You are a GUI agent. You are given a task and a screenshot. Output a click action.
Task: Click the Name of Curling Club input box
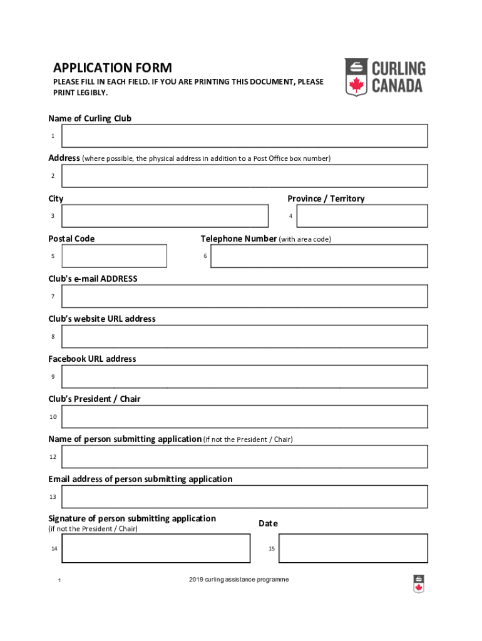244,136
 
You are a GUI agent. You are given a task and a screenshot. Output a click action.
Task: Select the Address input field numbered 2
244,176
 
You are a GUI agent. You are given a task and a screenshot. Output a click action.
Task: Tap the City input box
165,216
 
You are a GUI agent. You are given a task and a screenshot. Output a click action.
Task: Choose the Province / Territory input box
362,216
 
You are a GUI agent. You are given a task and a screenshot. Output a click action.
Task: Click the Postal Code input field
115,256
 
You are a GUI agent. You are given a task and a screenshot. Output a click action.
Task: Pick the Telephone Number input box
319,256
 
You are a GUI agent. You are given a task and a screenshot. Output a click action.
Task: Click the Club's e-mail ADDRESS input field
244,296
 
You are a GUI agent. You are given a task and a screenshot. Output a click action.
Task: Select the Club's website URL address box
244,336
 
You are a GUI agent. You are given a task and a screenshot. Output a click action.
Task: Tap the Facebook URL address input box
244,376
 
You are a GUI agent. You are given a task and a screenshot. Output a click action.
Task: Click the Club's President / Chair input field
244,416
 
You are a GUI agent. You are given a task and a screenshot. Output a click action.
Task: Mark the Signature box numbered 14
156,548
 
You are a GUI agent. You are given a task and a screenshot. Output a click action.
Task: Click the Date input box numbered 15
353,548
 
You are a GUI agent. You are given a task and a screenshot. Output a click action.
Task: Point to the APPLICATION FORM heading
113,68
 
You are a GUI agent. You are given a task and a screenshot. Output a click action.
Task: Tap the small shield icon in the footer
419,583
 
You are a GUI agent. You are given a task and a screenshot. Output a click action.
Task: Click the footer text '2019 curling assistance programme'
238,580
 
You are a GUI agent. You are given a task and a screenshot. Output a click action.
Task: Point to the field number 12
53,457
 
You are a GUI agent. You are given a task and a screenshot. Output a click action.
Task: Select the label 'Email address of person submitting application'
140,479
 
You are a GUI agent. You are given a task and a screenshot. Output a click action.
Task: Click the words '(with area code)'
305,239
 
